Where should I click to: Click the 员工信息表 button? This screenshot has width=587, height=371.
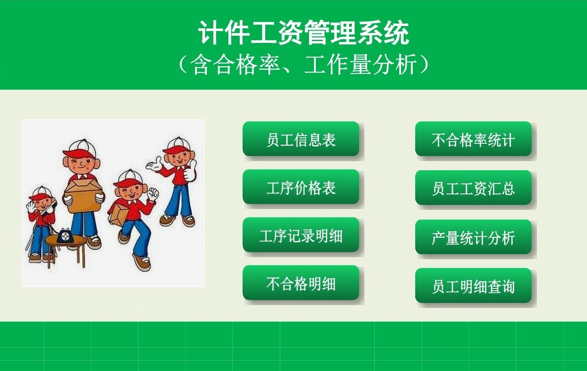point(301,139)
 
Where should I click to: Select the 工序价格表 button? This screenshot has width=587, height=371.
point(301,187)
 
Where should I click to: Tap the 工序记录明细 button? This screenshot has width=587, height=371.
point(301,235)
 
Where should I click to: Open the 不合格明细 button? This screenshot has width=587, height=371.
point(301,282)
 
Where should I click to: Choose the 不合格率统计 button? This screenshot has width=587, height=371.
point(473,139)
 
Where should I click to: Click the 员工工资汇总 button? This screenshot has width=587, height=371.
point(473,188)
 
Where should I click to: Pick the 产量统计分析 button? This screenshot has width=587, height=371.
point(473,237)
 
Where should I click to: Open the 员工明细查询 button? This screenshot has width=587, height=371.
point(473,286)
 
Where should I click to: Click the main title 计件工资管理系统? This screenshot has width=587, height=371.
point(304,32)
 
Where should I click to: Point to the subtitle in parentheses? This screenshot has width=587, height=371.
point(304,64)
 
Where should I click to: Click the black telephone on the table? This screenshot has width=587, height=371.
point(64,235)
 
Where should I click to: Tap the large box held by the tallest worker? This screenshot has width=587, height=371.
point(83,195)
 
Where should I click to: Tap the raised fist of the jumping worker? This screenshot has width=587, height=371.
point(153,194)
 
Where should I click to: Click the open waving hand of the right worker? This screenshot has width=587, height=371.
point(154,164)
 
